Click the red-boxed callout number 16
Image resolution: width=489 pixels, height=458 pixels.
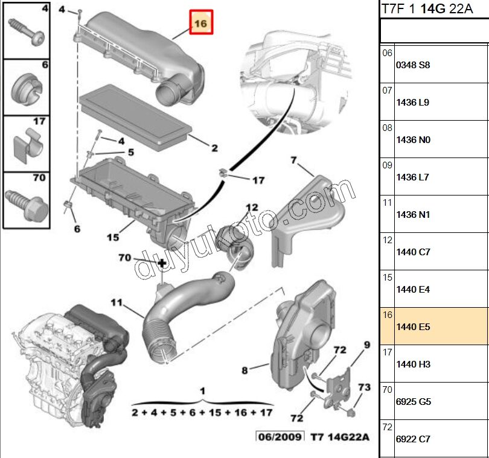pyautogui.click(x=201, y=23)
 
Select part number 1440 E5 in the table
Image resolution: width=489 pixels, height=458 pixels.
pyautogui.click(x=413, y=327)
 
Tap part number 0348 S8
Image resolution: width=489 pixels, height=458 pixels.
pyautogui.click(x=413, y=65)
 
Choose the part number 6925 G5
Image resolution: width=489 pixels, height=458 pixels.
pyautogui.click(x=413, y=402)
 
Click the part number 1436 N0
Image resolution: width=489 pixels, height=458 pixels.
pyautogui.click(x=413, y=140)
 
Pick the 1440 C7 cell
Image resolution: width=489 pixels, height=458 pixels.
pyautogui.click(x=413, y=252)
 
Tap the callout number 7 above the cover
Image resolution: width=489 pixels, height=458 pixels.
pyautogui.click(x=294, y=160)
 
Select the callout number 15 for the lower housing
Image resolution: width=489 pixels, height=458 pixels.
pyautogui.click(x=113, y=237)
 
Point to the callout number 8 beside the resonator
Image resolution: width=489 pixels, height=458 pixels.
pyautogui.click(x=245, y=370)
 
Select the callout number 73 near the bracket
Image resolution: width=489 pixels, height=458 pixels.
pyautogui.click(x=364, y=387)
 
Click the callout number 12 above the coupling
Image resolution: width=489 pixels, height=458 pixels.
pyautogui.click(x=251, y=208)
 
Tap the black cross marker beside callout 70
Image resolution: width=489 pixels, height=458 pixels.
pyautogui.click(x=162, y=264)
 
